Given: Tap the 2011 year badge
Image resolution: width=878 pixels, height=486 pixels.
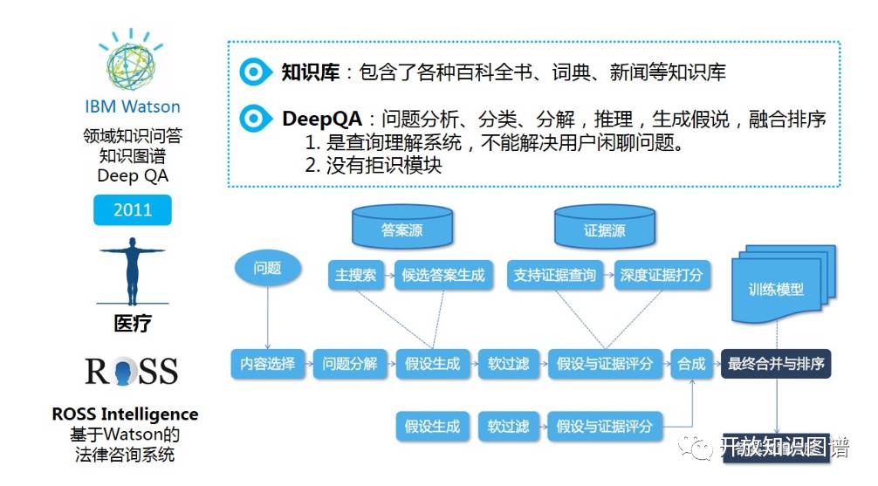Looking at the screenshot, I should (x=133, y=209).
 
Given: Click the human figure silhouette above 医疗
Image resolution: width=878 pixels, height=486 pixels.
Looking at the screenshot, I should (x=133, y=272).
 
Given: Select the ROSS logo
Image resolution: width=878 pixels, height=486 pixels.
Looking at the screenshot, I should (x=132, y=372).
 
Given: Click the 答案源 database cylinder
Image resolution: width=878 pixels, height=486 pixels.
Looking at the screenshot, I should (x=402, y=229).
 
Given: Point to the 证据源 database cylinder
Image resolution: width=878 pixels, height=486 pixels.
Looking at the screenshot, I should (x=604, y=229).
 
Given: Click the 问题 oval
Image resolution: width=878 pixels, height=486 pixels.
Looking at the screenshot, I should (x=267, y=268).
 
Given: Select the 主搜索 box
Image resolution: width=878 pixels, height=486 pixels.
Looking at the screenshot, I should (x=356, y=276).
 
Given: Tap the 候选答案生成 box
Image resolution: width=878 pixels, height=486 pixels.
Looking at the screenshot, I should (x=443, y=276).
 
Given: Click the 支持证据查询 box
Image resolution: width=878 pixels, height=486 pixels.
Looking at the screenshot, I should (x=555, y=276).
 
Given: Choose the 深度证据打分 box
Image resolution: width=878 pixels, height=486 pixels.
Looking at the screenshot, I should (x=662, y=276).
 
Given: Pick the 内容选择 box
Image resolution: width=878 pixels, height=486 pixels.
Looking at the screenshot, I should (x=267, y=364).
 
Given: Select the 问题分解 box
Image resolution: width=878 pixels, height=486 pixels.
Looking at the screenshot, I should (x=349, y=364).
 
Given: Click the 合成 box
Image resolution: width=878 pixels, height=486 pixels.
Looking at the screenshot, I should (x=691, y=364).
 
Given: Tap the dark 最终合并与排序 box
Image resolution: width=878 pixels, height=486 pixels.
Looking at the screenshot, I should (x=776, y=364).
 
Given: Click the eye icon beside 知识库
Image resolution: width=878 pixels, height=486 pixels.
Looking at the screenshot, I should (x=254, y=72).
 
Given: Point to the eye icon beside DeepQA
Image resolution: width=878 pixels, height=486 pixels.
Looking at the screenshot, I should (x=254, y=119).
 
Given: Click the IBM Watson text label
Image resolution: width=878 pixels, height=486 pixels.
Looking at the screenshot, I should (x=133, y=106).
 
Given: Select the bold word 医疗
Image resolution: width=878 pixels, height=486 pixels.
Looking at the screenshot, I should (x=133, y=324).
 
